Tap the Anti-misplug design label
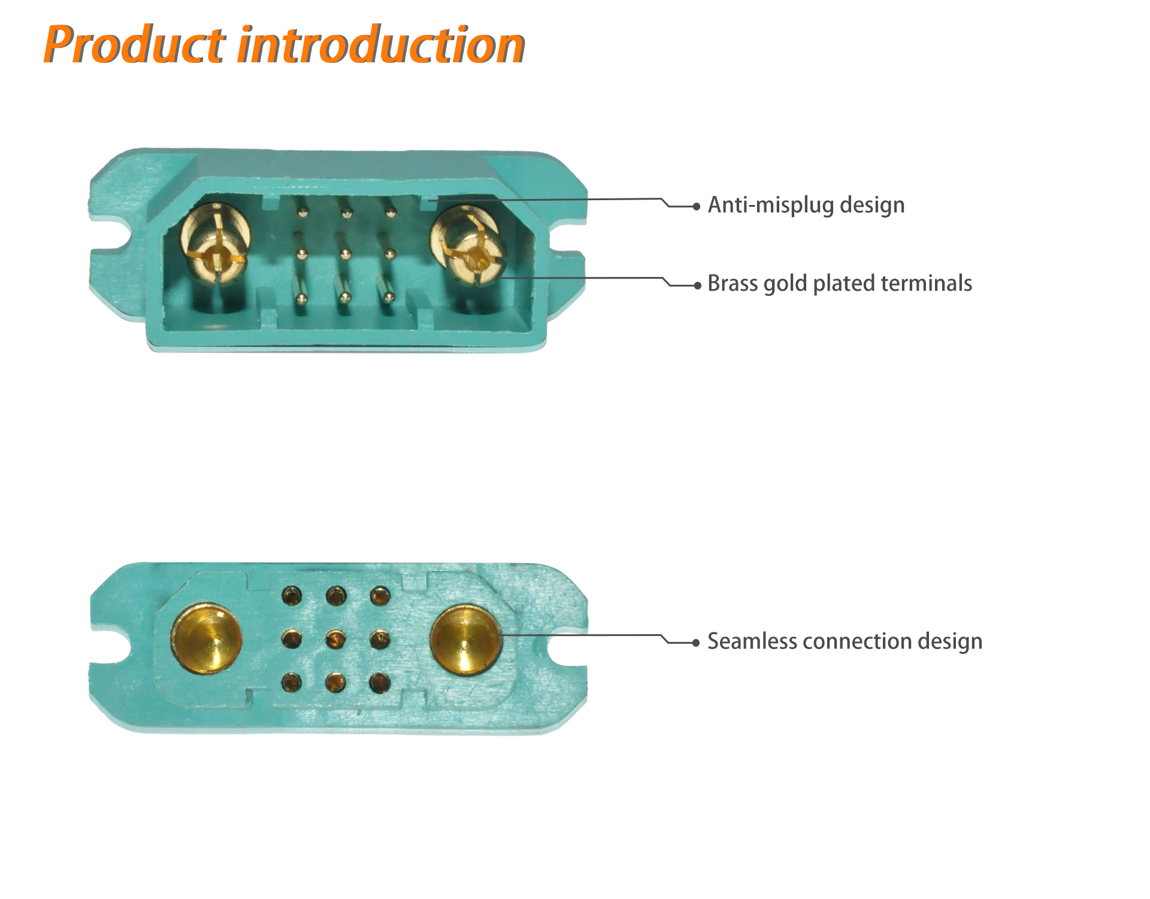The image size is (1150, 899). pyautogui.click(x=806, y=205)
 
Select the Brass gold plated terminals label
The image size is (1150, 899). pyautogui.click(x=840, y=283)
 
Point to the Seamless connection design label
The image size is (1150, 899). pyautogui.click(x=845, y=641)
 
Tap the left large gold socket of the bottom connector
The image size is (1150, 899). pyautogui.click(x=207, y=639)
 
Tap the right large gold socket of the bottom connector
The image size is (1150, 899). pyautogui.click(x=465, y=640)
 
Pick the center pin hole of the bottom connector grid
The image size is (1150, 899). pyautogui.click(x=336, y=639)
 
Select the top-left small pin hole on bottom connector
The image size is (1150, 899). pyautogui.click(x=292, y=596)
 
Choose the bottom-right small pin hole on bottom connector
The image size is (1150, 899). pyautogui.click(x=380, y=683)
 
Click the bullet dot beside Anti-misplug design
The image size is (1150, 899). pyautogui.click(x=696, y=207)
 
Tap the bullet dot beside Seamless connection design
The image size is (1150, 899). pyautogui.click(x=696, y=643)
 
